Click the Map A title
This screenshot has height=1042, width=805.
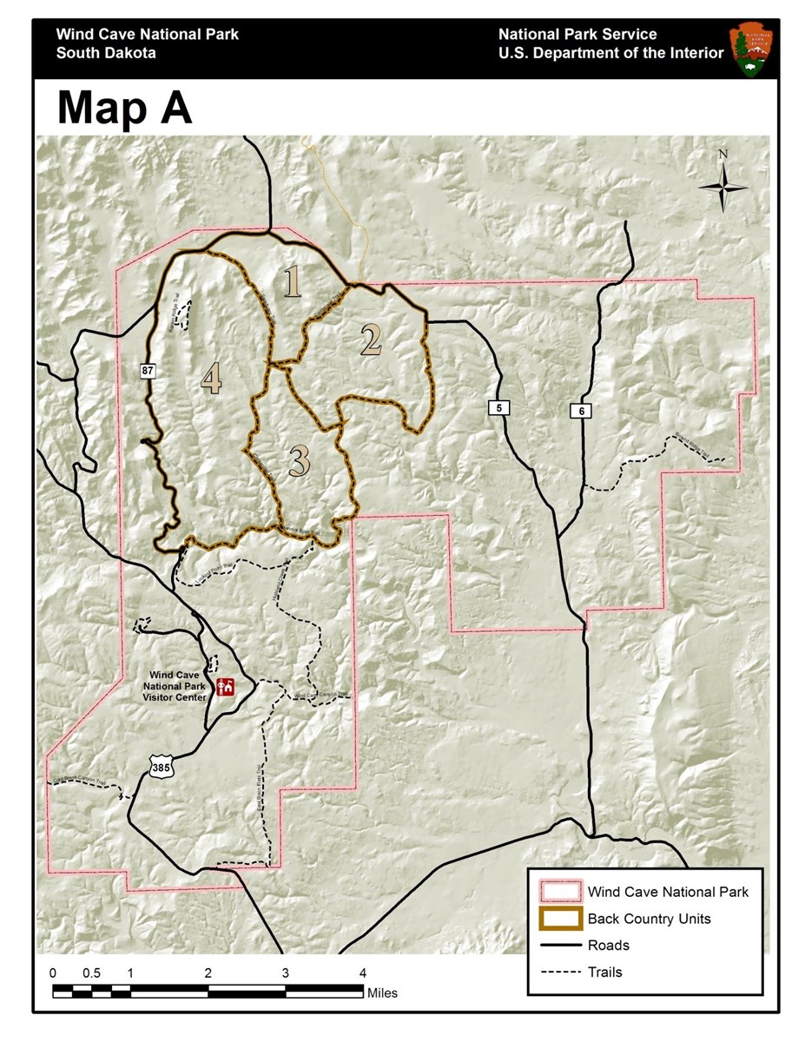coord(125,108)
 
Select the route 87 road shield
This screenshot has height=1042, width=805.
coord(147,371)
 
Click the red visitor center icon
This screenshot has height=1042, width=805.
coord(227,687)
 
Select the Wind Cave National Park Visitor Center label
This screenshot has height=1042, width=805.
coord(175,685)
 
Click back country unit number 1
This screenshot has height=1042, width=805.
coord(293,282)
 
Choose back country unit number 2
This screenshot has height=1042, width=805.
coord(371,340)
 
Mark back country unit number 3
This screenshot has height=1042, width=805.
coord(299,462)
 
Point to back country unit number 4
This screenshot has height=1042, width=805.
coord(211,379)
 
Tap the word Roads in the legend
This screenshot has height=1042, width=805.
coord(608,946)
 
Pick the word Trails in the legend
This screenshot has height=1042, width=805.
coord(605,973)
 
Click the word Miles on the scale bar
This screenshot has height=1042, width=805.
coord(382,993)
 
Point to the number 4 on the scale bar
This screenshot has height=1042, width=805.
coord(363,973)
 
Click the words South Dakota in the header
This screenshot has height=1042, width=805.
coord(106,53)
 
